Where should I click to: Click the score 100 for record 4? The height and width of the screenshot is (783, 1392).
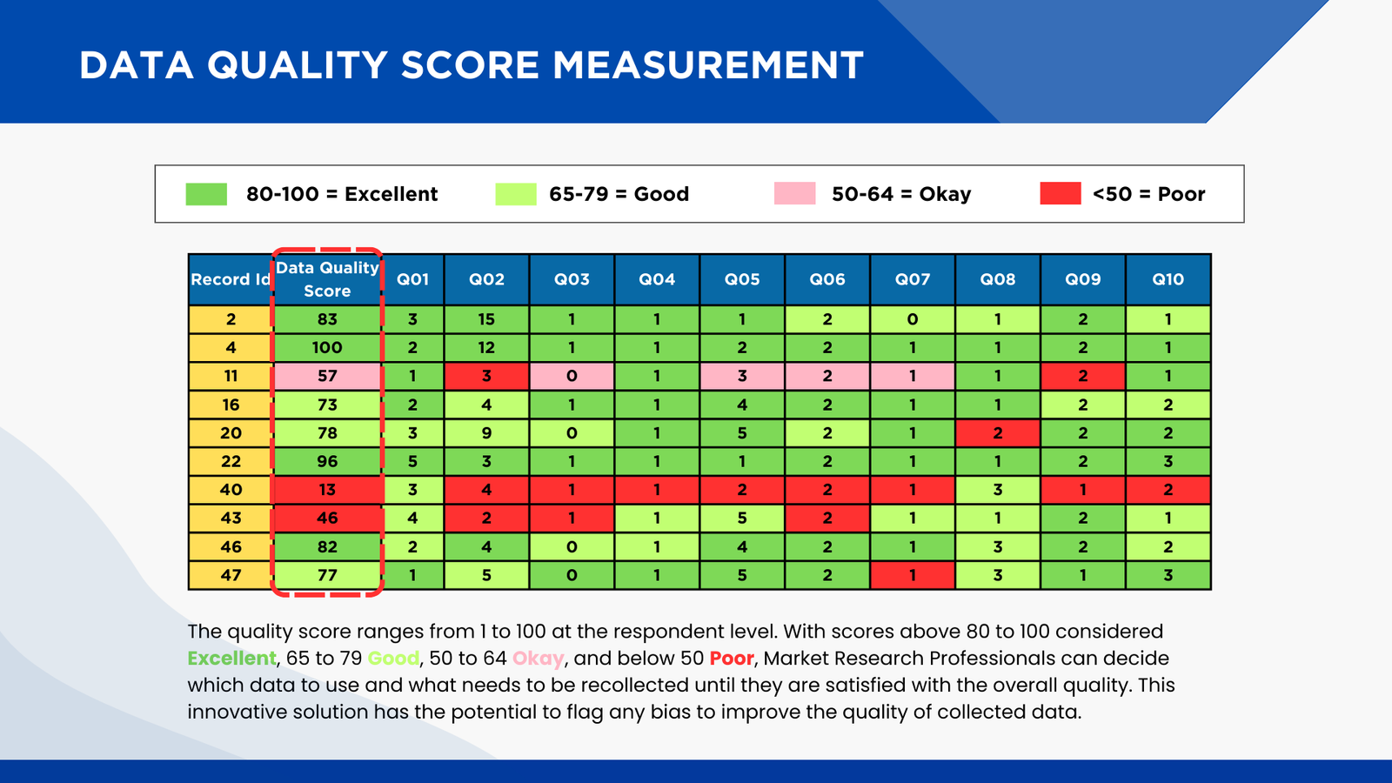327,347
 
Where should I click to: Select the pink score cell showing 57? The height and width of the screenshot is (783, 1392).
327,376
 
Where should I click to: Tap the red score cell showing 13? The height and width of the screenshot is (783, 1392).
327,490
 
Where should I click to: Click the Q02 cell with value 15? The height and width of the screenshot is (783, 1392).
486,319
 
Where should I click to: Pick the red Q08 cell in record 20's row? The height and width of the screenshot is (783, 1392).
997,433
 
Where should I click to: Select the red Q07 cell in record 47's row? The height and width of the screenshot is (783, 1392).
912,575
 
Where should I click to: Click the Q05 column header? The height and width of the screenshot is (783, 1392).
742,279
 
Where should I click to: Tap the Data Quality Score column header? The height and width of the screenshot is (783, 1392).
327,279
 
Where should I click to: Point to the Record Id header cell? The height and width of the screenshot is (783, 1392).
231,279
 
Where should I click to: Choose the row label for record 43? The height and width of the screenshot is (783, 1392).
231,518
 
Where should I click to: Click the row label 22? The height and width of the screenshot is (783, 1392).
231,461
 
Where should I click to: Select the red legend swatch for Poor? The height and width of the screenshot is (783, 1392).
1060,193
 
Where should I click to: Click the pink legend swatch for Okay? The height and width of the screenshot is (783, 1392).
794,193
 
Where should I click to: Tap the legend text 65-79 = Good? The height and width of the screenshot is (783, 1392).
619,194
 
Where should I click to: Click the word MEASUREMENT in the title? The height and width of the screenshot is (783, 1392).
707,66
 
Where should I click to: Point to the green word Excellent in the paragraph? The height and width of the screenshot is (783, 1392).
231,659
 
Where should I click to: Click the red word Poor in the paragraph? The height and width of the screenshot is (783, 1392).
731,659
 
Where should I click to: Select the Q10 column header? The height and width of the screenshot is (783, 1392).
1168,279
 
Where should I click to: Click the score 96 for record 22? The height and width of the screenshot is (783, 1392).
327,461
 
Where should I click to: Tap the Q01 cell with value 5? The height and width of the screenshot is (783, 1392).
412,461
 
